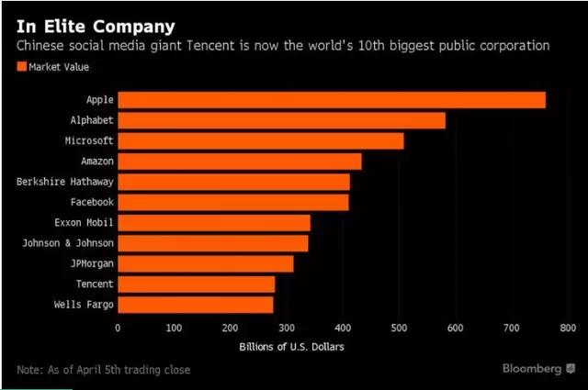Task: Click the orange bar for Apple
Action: click(x=331, y=100)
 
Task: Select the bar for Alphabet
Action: click(x=281, y=120)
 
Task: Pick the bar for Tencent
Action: click(x=196, y=284)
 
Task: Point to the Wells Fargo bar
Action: click(x=195, y=305)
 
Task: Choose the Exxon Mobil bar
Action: click(x=214, y=223)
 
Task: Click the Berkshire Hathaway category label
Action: click(x=64, y=182)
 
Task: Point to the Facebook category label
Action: click(x=92, y=202)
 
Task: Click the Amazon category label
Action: click(x=96, y=162)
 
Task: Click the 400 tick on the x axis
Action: click(x=343, y=328)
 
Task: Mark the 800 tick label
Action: click(x=567, y=328)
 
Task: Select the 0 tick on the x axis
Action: click(x=118, y=328)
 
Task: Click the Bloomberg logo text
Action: click(x=532, y=368)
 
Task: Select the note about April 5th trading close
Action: click(x=104, y=370)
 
